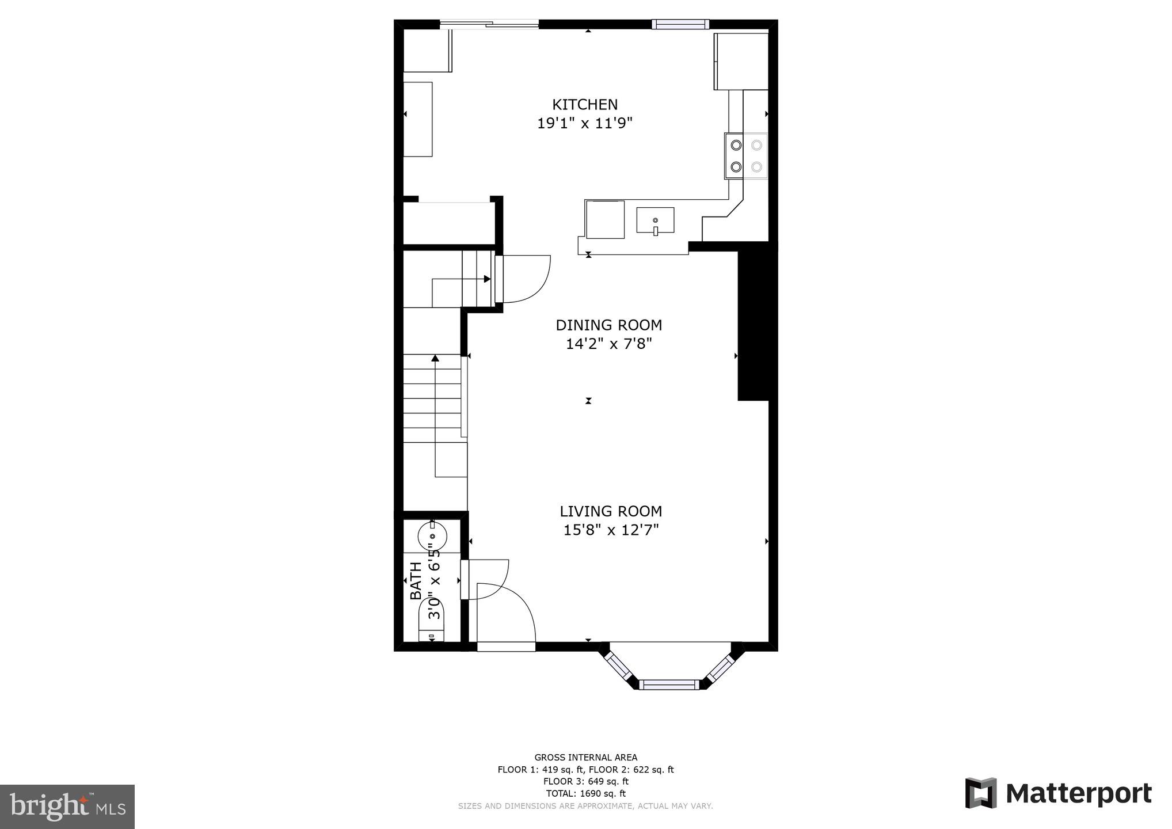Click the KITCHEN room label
tap(585, 104)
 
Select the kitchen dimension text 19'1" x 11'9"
tap(585, 123)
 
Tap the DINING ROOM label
tap(608, 325)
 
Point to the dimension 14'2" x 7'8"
tap(608, 344)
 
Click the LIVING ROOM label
tap(611, 511)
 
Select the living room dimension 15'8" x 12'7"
tap(611, 530)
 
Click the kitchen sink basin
tap(655, 220)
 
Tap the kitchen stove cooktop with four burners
tap(746, 156)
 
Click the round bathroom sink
tap(432, 535)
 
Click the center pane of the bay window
tap(668, 685)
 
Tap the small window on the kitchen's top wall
tap(680, 24)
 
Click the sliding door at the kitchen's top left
tap(489, 24)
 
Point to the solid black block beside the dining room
tap(754, 322)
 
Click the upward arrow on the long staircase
tap(435, 359)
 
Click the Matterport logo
tap(1058, 794)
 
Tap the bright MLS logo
tap(67, 807)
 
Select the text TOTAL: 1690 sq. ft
tap(585, 793)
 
